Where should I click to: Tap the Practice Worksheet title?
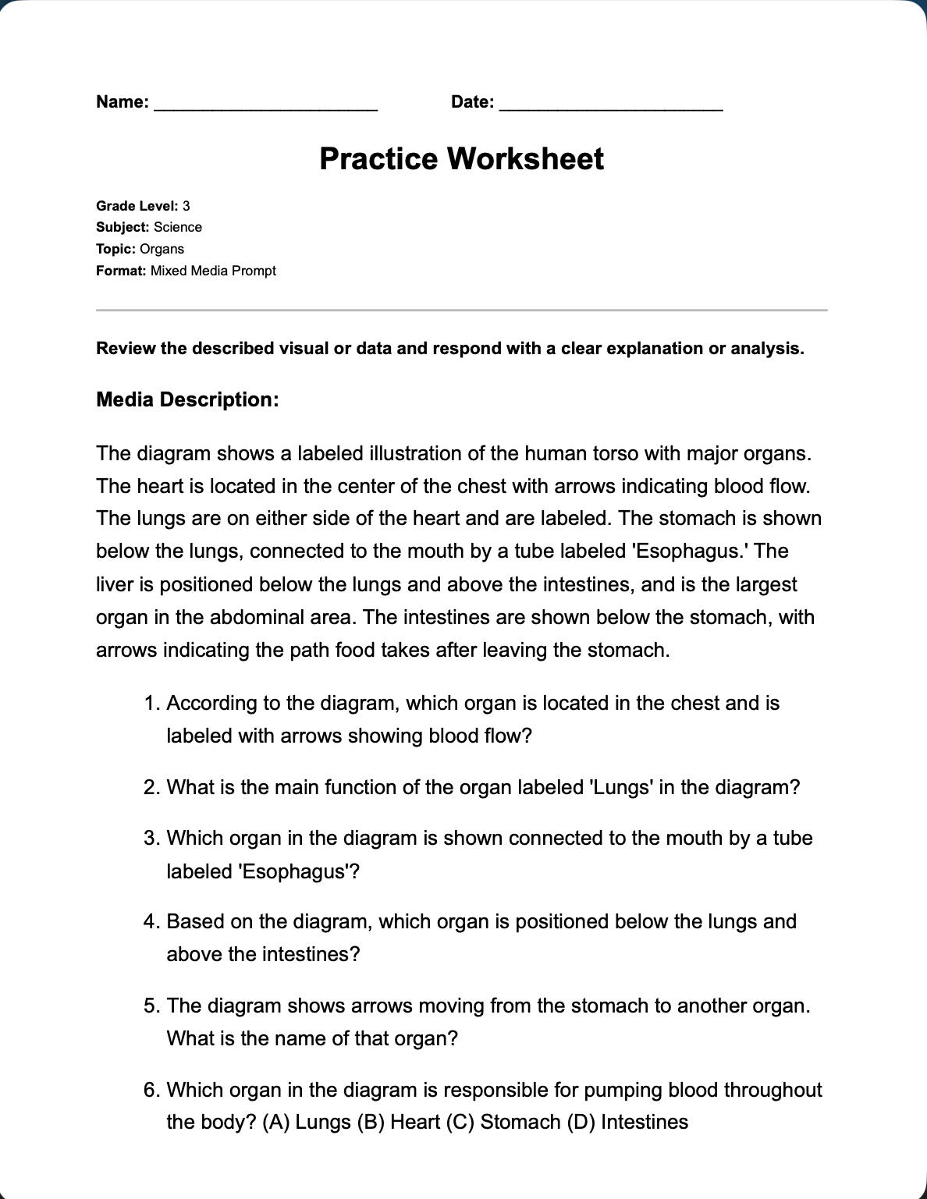point(461,159)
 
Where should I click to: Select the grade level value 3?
point(186,206)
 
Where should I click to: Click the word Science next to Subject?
point(178,227)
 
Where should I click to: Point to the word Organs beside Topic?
point(162,249)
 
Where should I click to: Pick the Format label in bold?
point(121,271)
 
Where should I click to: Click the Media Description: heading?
point(187,399)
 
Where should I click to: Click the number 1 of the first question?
point(151,704)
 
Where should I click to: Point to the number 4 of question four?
point(151,922)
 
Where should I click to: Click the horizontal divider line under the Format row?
point(461,310)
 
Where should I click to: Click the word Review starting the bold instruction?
point(126,349)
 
